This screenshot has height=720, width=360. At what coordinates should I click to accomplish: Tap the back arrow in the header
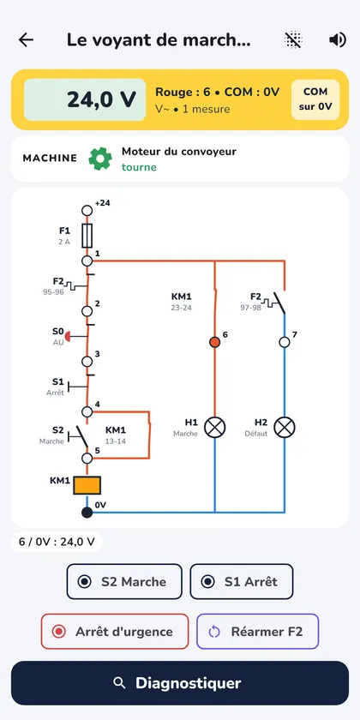[26, 40]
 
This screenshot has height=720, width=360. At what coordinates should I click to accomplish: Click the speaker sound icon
[338, 40]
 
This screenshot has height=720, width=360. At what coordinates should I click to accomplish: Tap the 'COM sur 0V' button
[315, 99]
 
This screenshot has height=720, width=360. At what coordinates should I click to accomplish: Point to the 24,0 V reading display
[85, 99]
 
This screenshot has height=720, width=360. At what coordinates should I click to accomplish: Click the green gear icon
[100, 159]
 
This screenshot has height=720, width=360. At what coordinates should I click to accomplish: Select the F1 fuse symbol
[87, 236]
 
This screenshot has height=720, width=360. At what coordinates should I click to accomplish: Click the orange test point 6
[214, 342]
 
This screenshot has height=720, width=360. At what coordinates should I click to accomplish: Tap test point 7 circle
[285, 342]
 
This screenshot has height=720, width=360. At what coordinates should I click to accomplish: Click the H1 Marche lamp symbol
[214, 428]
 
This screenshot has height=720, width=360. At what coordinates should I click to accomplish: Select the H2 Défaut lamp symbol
[285, 428]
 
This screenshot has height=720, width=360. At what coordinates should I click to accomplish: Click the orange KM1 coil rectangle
[87, 485]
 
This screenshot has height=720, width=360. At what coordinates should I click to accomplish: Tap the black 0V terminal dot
[87, 512]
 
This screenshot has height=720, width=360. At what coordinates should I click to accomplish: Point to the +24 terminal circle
[87, 211]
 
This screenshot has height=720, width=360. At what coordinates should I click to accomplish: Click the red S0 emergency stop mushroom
[68, 336]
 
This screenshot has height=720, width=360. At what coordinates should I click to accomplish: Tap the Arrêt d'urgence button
[115, 632]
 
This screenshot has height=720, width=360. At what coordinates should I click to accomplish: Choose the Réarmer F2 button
[258, 632]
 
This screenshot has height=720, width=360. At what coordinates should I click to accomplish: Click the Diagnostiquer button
[180, 683]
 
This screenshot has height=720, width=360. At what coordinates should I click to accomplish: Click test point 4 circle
[87, 411]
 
